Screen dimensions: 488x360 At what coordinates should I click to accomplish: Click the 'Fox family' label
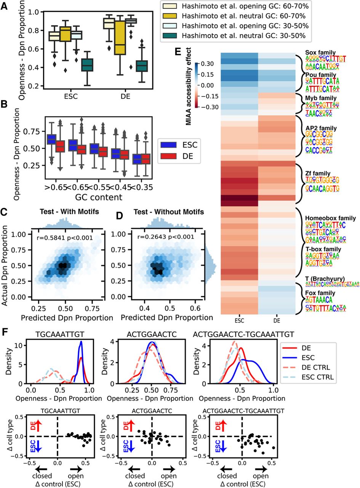(314, 293)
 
